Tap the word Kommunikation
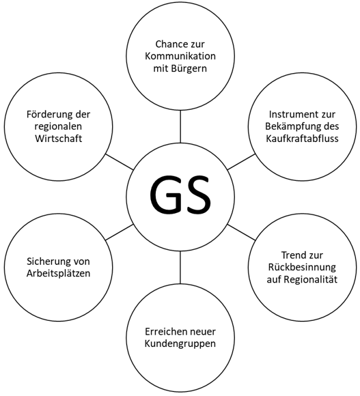pos(180,56)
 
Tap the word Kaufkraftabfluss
pos(302,139)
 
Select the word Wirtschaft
pos(58,139)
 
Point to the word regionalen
pos(58,126)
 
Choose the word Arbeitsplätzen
pos(58,274)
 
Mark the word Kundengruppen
pos(180,344)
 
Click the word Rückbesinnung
pos(302,268)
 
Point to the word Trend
pos(293,255)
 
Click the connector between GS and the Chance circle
pos(180,127)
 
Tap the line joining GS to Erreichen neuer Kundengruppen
pos(180,267)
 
